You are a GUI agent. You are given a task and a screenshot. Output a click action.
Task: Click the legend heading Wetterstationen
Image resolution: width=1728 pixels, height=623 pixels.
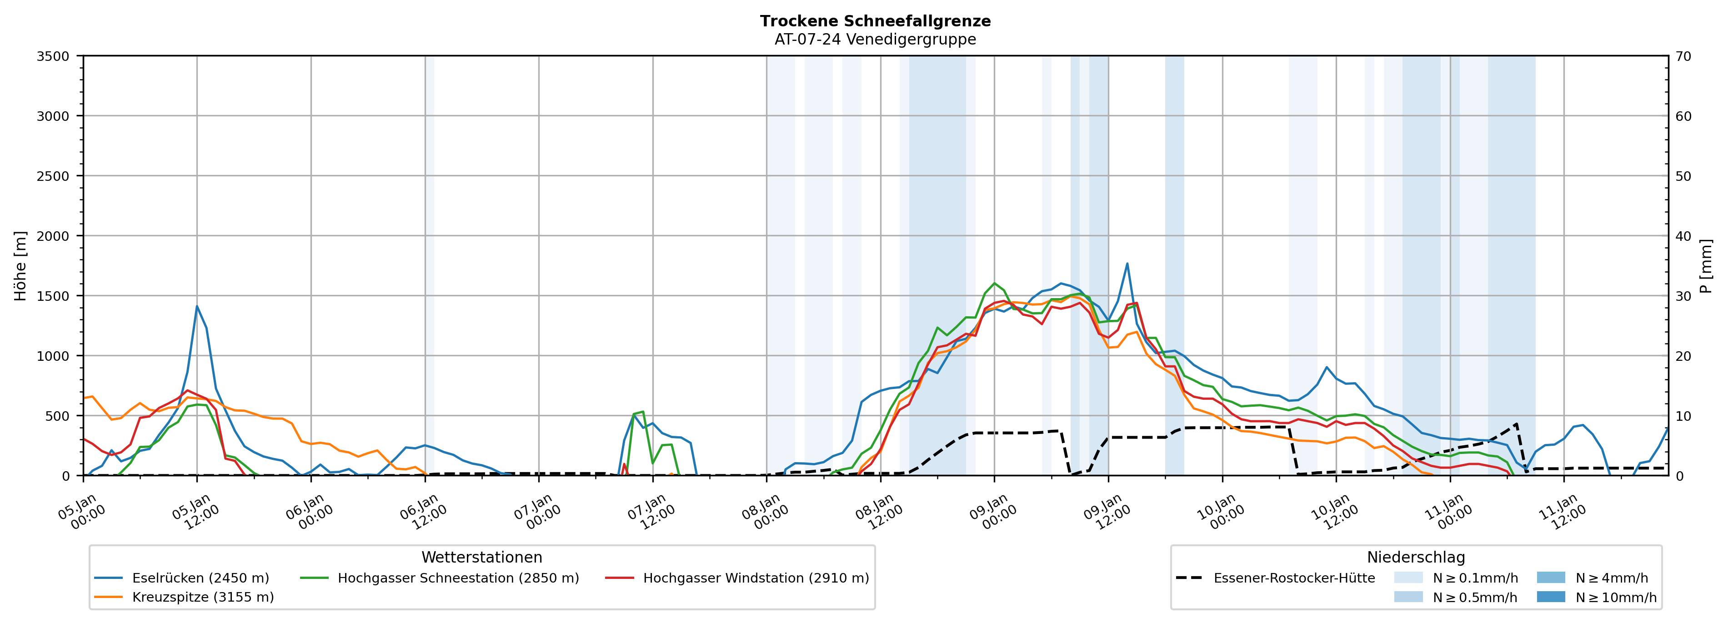(481, 557)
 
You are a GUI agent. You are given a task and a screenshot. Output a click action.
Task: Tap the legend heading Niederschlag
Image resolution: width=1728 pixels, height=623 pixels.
(1415, 557)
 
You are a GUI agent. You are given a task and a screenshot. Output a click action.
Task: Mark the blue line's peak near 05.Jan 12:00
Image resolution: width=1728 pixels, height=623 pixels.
(196, 306)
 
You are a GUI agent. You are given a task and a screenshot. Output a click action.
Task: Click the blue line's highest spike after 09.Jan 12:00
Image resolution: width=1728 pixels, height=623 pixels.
(1127, 264)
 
